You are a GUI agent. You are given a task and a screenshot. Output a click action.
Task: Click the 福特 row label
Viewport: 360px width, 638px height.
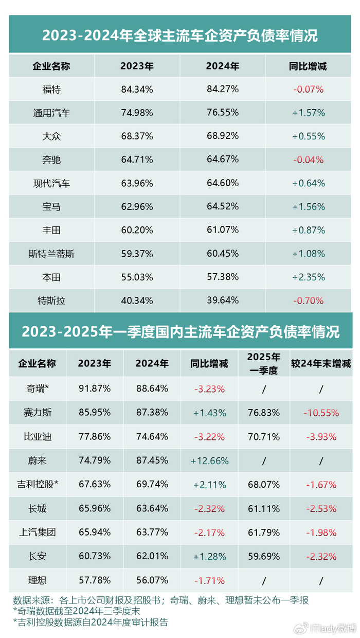51,90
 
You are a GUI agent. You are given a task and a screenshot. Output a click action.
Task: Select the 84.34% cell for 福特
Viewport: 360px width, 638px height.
137,90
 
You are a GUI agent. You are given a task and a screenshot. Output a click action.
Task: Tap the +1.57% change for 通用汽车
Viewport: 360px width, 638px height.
309,113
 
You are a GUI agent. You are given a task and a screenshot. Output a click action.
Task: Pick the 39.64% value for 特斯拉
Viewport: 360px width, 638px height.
222,300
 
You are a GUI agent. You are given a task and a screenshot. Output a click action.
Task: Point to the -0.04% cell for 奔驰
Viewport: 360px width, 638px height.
309,160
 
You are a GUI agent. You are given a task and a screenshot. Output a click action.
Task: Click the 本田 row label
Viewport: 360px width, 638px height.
51,277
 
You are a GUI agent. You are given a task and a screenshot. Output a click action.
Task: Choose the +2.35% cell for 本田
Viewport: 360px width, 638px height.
309,277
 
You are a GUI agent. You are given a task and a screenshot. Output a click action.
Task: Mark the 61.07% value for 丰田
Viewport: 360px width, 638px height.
222,231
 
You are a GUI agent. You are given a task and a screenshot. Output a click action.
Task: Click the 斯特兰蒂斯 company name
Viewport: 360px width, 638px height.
51,254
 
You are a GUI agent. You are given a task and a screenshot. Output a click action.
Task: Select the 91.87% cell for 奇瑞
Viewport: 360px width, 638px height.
95,389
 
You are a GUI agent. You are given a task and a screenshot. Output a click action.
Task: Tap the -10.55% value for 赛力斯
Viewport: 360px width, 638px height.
321,413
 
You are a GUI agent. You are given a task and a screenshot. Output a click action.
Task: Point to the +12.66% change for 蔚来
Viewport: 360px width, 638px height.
209,460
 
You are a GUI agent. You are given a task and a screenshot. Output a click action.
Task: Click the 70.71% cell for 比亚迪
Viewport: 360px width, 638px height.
263,437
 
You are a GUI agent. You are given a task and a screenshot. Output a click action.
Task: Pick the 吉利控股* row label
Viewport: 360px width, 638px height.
38,485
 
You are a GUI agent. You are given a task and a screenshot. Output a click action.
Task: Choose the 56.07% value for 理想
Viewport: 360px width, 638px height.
152,580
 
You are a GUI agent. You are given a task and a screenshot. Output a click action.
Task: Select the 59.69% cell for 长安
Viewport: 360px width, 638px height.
263,556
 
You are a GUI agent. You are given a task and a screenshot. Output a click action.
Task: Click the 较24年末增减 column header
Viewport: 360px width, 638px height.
321,364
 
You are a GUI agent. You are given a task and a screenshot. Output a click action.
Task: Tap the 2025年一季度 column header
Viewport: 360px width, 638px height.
263,363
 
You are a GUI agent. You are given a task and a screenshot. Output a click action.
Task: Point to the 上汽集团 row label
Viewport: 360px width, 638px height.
38,533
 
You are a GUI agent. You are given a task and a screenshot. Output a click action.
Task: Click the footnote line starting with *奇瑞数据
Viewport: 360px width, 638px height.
77,611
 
